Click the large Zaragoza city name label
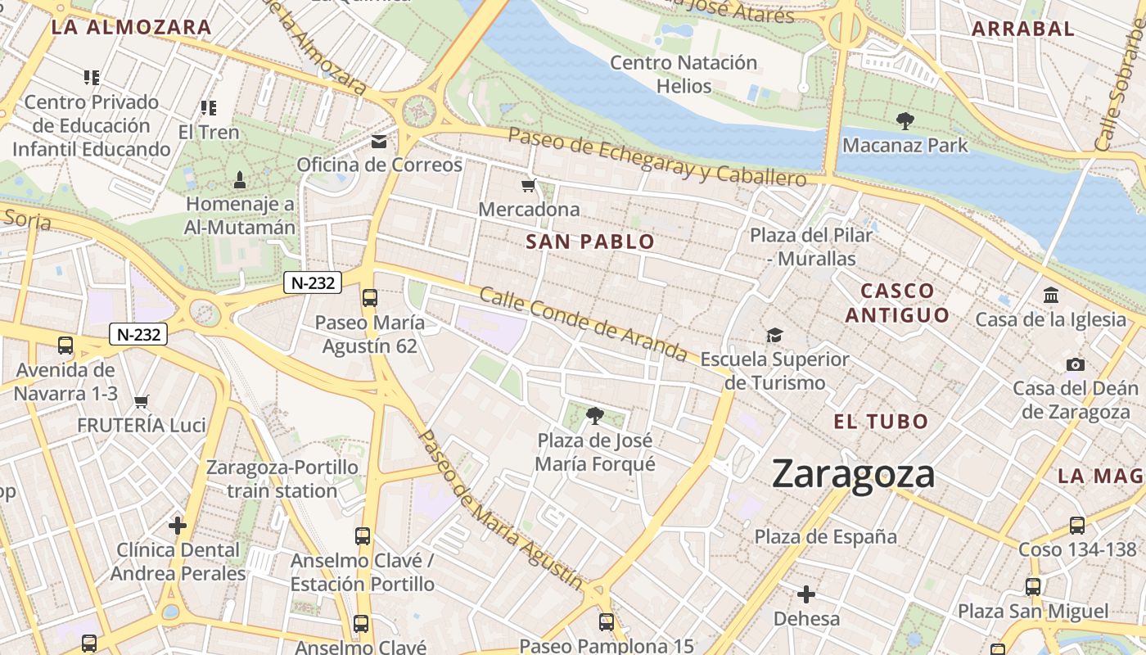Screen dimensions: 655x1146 point(853,475)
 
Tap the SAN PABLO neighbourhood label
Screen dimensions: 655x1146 point(590,242)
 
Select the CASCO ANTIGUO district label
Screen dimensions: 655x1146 point(897,303)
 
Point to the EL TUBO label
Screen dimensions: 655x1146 point(881,422)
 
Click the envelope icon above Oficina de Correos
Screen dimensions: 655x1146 point(379,142)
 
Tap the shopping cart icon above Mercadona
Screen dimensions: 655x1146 point(529,186)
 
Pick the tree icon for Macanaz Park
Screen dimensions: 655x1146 point(905,121)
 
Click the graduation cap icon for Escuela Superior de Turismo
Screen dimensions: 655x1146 point(774,335)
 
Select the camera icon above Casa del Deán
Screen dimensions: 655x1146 point(1076,364)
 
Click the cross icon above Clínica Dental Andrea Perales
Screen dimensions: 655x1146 point(178,525)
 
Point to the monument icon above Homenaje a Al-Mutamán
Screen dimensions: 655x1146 point(240,179)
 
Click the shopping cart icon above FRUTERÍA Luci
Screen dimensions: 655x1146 point(142,401)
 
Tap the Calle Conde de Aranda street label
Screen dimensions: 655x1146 point(583,324)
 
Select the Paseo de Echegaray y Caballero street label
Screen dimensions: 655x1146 point(657,156)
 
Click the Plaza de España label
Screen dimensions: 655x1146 point(825,536)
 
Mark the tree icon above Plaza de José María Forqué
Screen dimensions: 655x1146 point(595,417)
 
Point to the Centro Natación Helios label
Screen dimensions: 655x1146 point(684,74)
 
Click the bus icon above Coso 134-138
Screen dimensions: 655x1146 point(1077,526)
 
